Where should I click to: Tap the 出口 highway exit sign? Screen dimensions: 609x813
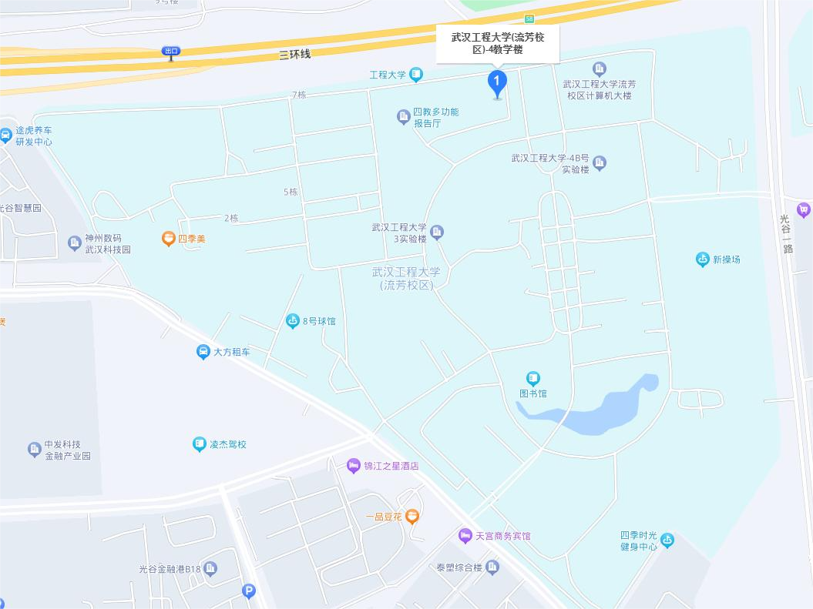click(170, 52)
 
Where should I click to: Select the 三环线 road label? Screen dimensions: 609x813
click(294, 55)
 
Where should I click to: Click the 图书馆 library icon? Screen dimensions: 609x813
click(533, 378)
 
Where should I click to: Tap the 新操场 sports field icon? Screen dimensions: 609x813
click(703, 259)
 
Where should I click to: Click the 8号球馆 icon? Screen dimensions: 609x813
click(293, 321)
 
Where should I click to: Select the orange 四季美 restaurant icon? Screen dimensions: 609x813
click(169, 239)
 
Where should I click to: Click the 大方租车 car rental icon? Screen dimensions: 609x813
click(203, 352)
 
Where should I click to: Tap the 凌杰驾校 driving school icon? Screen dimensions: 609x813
click(200, 444)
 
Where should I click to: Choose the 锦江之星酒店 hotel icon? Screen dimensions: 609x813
click(354, 465)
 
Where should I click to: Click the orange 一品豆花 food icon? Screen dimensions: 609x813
click(412, 516)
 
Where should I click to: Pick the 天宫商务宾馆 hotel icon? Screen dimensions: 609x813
click(465, 535)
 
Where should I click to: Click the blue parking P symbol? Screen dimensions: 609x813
click(248, 591)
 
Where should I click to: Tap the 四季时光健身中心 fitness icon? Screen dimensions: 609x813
click(667, 540)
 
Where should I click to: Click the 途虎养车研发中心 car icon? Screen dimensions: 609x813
click(5, 136)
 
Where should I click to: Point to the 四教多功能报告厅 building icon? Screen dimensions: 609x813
click(403, 117)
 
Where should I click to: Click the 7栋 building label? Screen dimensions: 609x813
click(299, 95)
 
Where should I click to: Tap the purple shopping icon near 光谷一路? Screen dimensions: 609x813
click(804, 209)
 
